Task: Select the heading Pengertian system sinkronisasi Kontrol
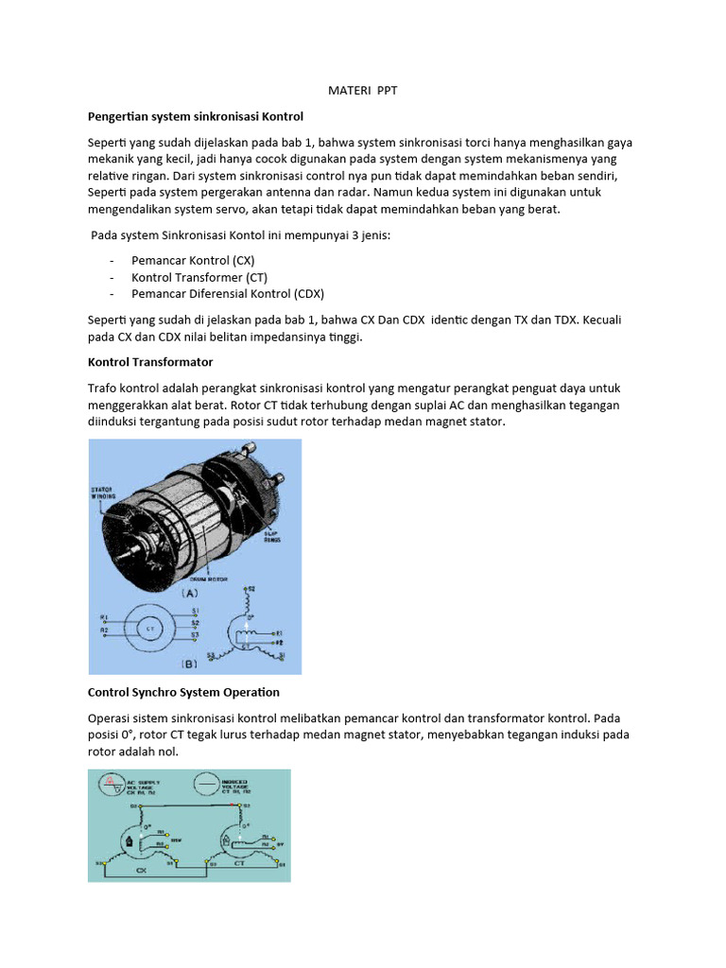(x=195, y=116)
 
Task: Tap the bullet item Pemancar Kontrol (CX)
(x=193, y=260)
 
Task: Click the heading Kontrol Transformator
(x=150, y=362)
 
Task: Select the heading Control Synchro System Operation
(x=183, y=692)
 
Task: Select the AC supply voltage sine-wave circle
(x=111, y=785)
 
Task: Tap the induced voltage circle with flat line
(x=207, y=785)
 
